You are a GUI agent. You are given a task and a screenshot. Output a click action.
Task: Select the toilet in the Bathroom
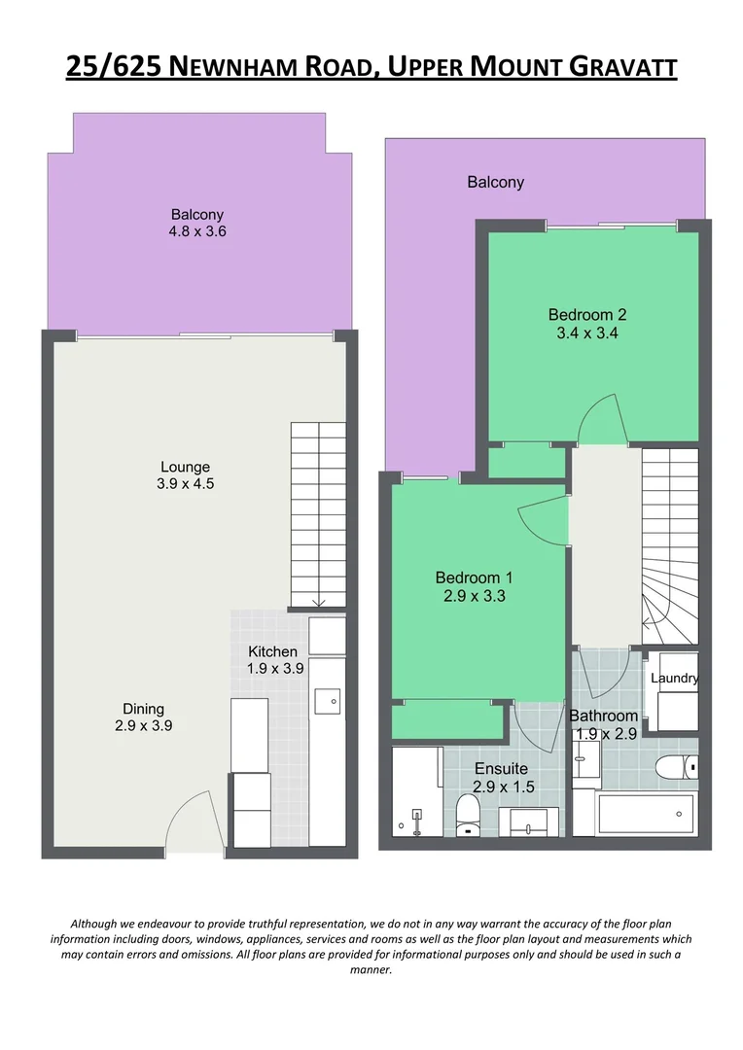coord(675,767)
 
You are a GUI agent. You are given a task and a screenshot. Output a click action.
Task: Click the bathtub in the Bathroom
coord(646,815)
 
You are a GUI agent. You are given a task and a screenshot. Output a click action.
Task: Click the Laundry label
coord(674,679)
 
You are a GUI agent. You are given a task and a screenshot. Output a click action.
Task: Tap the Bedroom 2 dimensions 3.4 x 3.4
coord(586,332)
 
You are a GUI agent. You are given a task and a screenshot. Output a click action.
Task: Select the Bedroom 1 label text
coord(474,577)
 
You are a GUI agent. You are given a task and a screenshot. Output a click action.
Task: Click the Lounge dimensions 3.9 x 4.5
coord(186,483)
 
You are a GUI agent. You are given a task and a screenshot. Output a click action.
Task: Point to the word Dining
coord(143,709)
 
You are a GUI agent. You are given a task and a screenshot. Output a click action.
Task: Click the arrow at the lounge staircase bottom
coord(318,602)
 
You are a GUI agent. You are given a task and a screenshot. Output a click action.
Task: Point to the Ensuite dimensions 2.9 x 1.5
coord(504,786)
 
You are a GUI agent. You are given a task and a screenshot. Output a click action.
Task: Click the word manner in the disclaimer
coord(371,969)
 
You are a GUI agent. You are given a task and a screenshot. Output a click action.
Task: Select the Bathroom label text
coord(603,716)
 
